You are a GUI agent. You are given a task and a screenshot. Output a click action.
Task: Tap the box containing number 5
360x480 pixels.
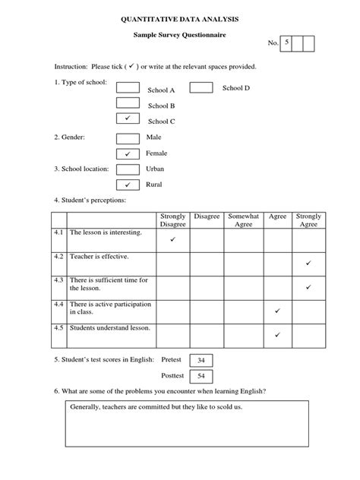tap(287, 44)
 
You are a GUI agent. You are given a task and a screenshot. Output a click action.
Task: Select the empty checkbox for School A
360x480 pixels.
tap(128, 88)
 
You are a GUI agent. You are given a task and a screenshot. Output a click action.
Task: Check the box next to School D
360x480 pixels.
tap(201, 88)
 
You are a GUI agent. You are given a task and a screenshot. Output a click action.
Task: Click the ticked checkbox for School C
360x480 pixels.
tap(128, 119)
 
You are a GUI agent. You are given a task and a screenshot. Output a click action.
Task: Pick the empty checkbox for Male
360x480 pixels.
tap(128, 137)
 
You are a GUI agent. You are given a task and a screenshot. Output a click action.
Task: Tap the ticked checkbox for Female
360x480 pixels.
tap(128, 153)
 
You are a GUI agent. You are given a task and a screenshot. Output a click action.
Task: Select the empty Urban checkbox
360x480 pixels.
tap(128, 169)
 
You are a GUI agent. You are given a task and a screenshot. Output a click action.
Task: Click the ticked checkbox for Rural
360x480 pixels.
tap(128, 185)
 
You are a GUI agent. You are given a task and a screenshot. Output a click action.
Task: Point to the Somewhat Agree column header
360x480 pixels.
tap(244, 220)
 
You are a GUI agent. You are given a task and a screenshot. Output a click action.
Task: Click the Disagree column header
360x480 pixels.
tap(207, 216)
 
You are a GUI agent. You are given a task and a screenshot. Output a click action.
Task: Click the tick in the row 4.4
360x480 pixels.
tap(277, 311)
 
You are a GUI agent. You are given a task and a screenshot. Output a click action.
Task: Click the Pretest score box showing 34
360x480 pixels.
tap(201, 360)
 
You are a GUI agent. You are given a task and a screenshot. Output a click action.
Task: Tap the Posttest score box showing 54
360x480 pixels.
tap(201, 376)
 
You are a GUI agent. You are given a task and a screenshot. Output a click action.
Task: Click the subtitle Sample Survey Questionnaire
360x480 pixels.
tap(180, 35)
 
